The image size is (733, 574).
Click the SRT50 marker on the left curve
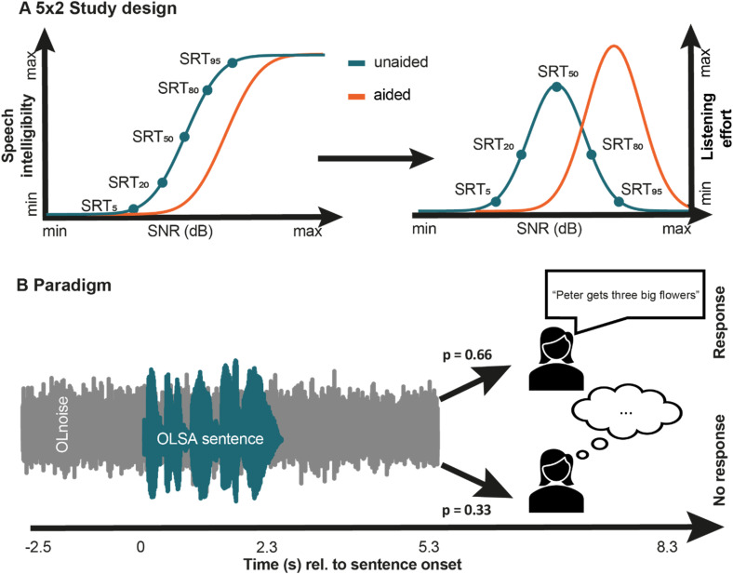pos(183,136)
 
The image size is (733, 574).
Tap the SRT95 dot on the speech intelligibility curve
pos(232,63)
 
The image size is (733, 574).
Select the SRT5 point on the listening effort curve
pos(495,201)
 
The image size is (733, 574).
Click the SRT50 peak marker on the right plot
pos(556,87)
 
